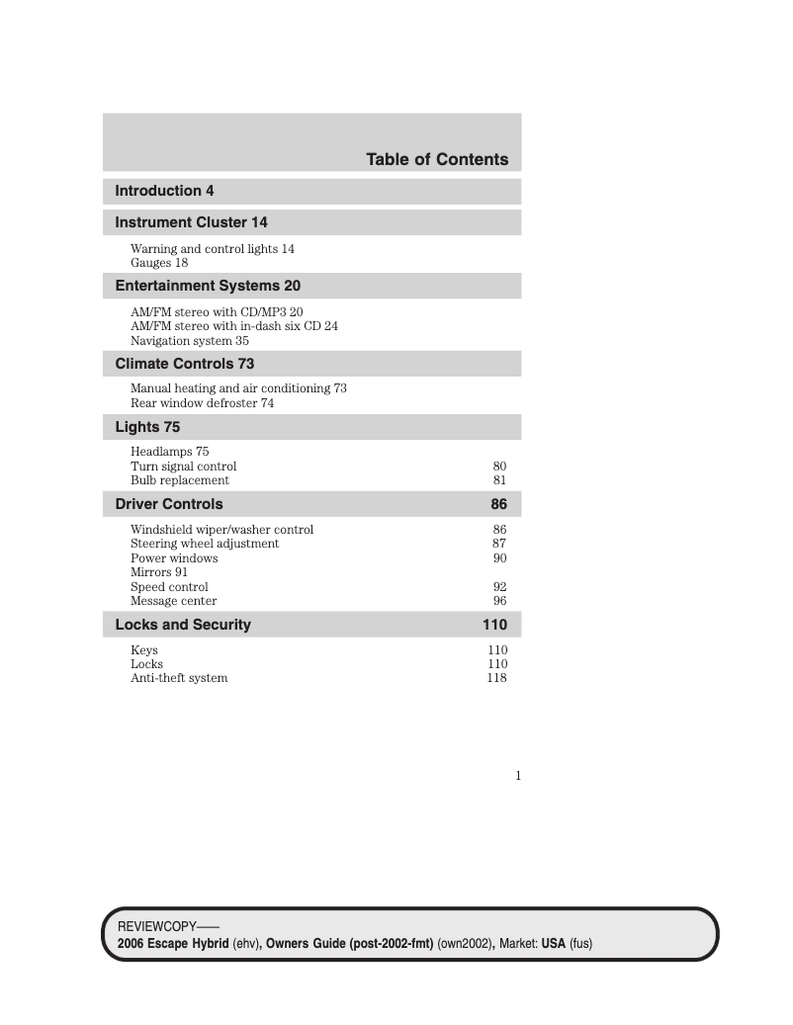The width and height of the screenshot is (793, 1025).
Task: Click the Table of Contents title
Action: pos(437,159)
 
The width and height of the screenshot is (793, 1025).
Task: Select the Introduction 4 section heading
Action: pos(164,191)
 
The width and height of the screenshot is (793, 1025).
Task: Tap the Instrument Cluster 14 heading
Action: pos(191,222)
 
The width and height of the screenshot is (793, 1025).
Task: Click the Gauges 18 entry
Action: pos(159,263)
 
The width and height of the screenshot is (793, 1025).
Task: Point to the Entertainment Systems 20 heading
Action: pos(208,286)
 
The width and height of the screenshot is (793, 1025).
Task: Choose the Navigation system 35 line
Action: pos(190,340)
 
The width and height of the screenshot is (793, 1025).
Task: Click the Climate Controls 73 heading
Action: pos(185,364)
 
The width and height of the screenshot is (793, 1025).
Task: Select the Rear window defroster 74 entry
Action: pos(203,403)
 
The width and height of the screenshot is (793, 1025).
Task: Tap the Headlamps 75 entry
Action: pos(170,452)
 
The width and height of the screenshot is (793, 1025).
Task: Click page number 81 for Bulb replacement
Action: pos(499,480)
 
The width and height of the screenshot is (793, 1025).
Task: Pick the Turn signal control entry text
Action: pos(184,467)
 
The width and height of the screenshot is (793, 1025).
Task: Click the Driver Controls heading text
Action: pos(169,504)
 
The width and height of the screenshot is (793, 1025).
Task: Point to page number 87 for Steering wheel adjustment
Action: pos(499,544)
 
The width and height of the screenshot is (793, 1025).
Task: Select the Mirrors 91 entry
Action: pos(159,572)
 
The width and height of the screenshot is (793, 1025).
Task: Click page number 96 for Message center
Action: pos(499,601)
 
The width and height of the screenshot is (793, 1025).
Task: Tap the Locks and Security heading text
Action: pos(183,625)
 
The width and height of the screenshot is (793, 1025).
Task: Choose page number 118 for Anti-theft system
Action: pos(496,678)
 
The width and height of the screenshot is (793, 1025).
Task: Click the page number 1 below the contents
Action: pos(517,776)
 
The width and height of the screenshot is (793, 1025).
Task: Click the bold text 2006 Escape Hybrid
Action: pos(173,944)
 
